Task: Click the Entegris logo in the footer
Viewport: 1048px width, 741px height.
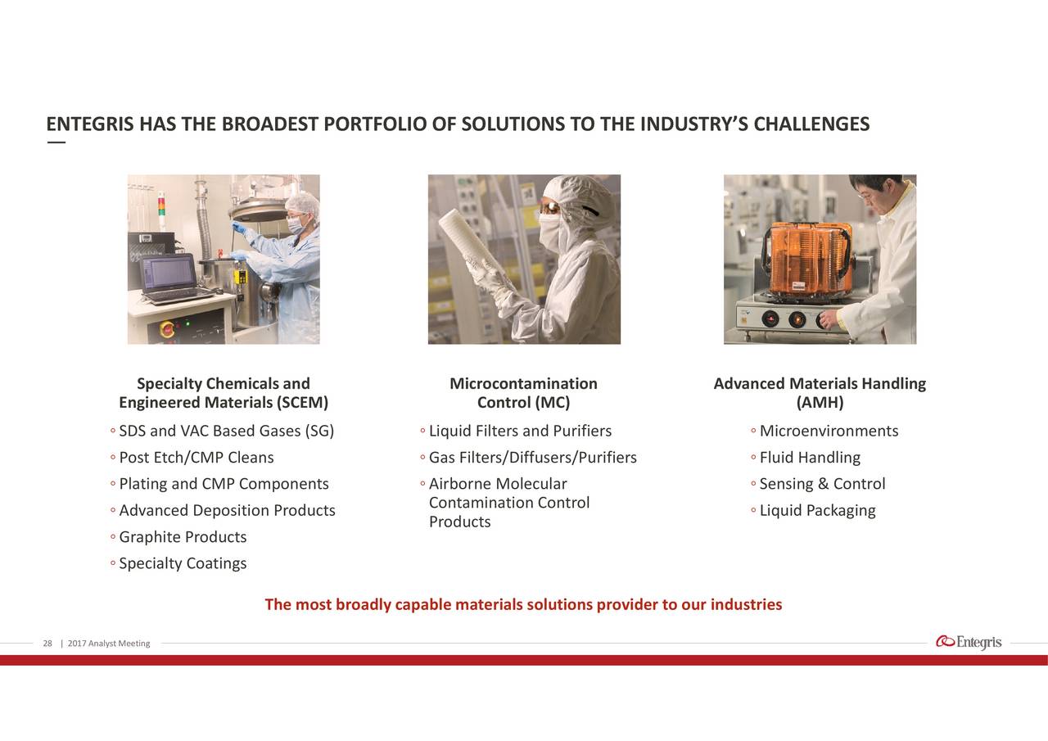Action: click(x=969, y=642)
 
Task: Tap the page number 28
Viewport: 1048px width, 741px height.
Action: click(x=47, y=644)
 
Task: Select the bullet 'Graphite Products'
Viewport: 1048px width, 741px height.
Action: click(x=183, y=536)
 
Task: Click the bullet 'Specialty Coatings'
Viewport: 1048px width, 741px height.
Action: click(x=183, y=563)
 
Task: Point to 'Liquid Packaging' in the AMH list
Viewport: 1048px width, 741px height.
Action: click(x=817, y=510)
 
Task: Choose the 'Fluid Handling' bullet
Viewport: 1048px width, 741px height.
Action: click(x=810, y=458)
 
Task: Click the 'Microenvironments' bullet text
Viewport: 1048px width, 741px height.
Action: click(x=829, y=431)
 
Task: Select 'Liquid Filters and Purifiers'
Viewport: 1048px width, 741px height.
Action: click(x=520, y=431)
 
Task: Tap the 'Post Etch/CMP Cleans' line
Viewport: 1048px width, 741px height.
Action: click(x=196, y=458)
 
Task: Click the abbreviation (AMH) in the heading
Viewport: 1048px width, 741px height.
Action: click(x=820, y=402)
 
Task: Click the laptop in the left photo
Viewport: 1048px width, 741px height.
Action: click(x=174, y=279)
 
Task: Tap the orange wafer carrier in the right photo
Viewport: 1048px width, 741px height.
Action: click(x=807, y=262)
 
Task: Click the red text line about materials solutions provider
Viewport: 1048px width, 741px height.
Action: click(x=523, y=604)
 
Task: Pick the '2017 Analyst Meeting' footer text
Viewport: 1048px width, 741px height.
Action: click(x=109, y=644)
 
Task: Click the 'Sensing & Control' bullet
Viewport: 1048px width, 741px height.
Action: click(x=823, y=484)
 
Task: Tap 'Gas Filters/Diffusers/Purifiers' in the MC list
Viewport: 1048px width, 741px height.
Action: click(x=533, y=458)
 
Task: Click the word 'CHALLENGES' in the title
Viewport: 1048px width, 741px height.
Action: click(x=811, y=124)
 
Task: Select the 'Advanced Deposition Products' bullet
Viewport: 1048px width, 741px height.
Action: click(x=227, y=510)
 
